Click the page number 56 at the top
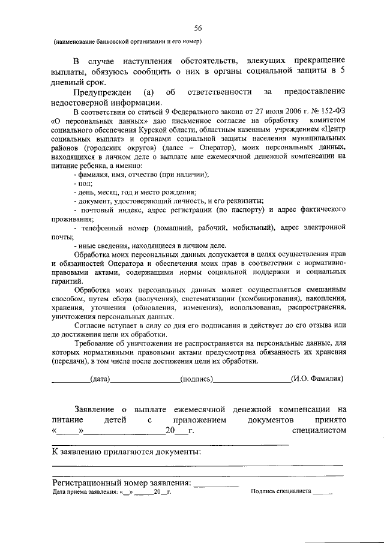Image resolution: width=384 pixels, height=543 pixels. pyautogui.click(x=197, y=28)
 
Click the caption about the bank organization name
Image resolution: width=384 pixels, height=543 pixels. pyautogui.click(x=127, y=41)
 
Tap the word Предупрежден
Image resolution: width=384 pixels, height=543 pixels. pyautogui.click(x=99, y=91)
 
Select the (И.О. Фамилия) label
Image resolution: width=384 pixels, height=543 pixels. pyautogui.click(x=317, y=379)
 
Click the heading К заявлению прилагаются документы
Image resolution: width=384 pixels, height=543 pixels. pyautogui.click(x=126, y=451)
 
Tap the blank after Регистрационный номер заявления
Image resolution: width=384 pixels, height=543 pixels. pyautogui.click(x=216, y=482)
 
